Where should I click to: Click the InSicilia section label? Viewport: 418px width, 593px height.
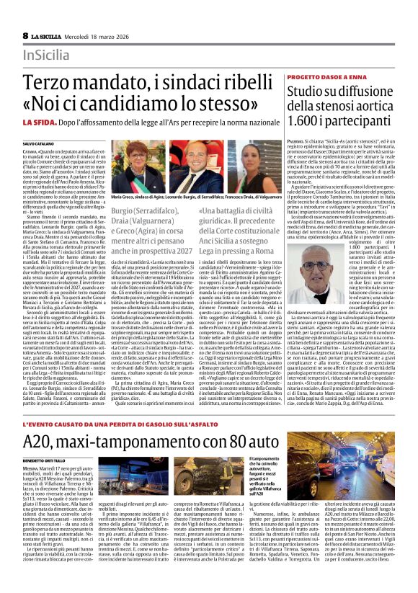46,55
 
